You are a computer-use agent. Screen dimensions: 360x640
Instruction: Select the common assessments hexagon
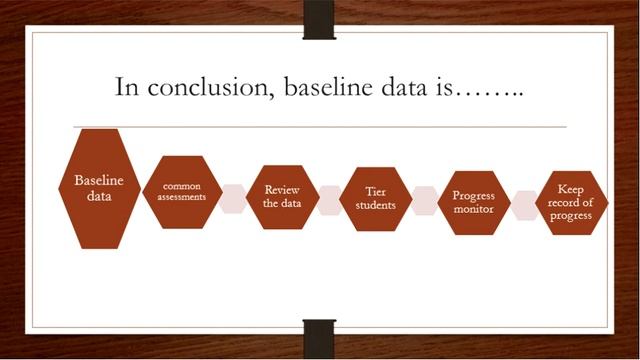click(177, 192)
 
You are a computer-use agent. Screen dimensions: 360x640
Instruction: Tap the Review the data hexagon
click(282, 196)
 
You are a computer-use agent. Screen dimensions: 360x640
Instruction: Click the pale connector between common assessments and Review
click(232, 198)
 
